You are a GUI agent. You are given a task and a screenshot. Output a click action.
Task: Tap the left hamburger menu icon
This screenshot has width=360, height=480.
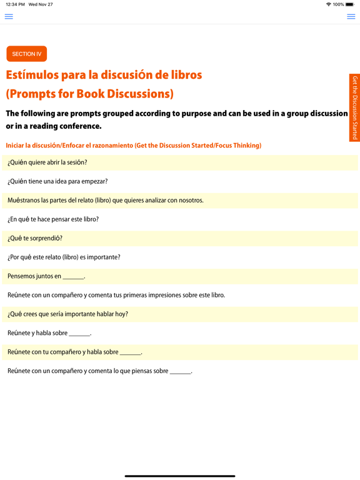pyautogui.click(x=9, y=17)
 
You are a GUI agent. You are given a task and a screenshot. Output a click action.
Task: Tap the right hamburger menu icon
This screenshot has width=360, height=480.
pyautogui.click(x=351, y=17)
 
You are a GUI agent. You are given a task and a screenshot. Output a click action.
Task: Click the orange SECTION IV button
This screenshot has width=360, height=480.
pyautogui.click(x=27, y=54)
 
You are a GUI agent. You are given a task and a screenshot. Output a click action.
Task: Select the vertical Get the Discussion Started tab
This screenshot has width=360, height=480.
pyautogui.click(x=354, y=107)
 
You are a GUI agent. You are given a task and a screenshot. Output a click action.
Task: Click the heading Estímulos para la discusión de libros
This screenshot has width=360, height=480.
pyautogui.click(x=104, y=75)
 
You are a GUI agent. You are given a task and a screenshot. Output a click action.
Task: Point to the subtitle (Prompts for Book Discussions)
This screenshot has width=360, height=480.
pyautogui.click(x=89, y=94)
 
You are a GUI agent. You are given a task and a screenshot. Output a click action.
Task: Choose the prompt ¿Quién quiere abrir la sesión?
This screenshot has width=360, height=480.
pyautogui.click(x=47, y=162)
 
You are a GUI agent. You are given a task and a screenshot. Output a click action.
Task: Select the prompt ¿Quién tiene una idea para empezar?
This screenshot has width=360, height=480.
pyautogui.click(x=57, y=181)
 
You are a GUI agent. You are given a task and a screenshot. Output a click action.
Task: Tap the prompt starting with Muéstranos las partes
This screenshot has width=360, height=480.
pyautogui.click(x=105, y=201)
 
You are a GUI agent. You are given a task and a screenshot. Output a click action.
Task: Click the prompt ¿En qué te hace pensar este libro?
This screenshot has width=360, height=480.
pyautogui.click(x=53, y=219)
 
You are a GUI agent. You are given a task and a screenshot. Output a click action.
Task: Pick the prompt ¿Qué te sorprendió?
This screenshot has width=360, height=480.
pyautogui.click(x=35, y=238)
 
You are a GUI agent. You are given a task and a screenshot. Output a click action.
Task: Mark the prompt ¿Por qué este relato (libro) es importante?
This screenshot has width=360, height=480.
pyautogui.click(x=64, y=257)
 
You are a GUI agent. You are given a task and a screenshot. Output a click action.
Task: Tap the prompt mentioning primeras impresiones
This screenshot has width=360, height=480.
pyautogui.click(x=116, y=295)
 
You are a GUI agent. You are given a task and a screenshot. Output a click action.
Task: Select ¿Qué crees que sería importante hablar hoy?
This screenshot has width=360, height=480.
pyautogui.click(x=67, y=314)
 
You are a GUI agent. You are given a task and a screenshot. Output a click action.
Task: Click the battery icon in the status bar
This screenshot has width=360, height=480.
pyautogui.click(x=350, y=4)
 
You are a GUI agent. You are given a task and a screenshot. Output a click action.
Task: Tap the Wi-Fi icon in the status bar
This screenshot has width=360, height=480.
pyautogui.click(x=328, y=4)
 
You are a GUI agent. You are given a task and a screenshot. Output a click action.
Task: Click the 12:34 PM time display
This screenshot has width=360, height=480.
pyautogui.click(x=15, y=4)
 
